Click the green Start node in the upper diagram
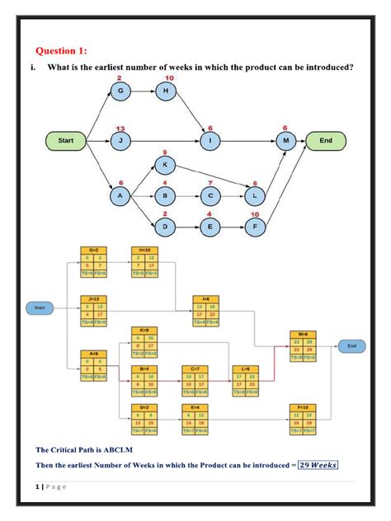(x=66, y=141)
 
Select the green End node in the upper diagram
(x=326, y=141)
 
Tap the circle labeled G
(x=120, y=90)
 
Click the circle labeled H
(x=167, y=90)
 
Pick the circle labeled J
(x=120, y=141)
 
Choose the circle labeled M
(x=285, y=141)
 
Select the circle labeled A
(x=120, y=196)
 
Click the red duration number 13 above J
(x=120, y=129)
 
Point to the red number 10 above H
(x=168, y=77)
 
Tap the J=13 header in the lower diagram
(x=92, y=298)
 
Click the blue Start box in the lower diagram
(x=39, y=307)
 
